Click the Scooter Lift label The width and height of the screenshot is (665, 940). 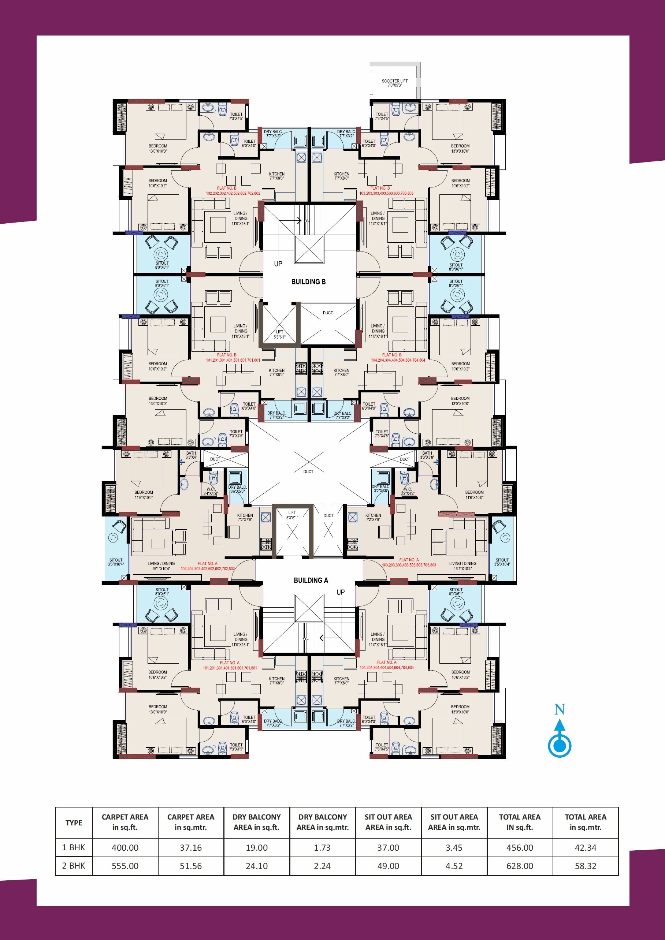click(x=394, y=83)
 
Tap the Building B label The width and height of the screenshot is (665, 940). click(x=308, y=282)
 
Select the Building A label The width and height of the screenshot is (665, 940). click(x=311, y=580)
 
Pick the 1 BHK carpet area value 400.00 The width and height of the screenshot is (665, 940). click(x=125, y=847)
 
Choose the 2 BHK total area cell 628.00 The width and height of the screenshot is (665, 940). click(x=520, y=866)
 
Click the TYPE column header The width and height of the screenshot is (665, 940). click(x=74, y=822)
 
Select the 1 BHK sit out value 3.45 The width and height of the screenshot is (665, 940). click(x=454, y=847)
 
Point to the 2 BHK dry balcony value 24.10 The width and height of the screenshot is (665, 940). click(x=256, y=866)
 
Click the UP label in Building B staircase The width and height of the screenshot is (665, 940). click(x=278, y=264)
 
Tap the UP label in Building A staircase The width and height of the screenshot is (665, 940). click(x=340, y=592)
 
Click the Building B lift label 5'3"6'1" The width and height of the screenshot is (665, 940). click(x=279, y=335)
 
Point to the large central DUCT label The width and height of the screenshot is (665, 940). click(x=308, y=471)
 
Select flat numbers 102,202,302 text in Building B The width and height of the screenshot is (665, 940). click(x=233, y=193)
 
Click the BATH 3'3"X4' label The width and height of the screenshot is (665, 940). click(x=191, y=455)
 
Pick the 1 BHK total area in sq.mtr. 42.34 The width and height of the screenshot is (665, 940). click(x=586, y=847)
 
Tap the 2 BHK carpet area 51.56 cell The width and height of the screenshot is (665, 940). click(x=191, y=866)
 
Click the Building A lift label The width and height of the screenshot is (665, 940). click(x=292, y=515)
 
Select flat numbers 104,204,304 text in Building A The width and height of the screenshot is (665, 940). click(x=387, y=667)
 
